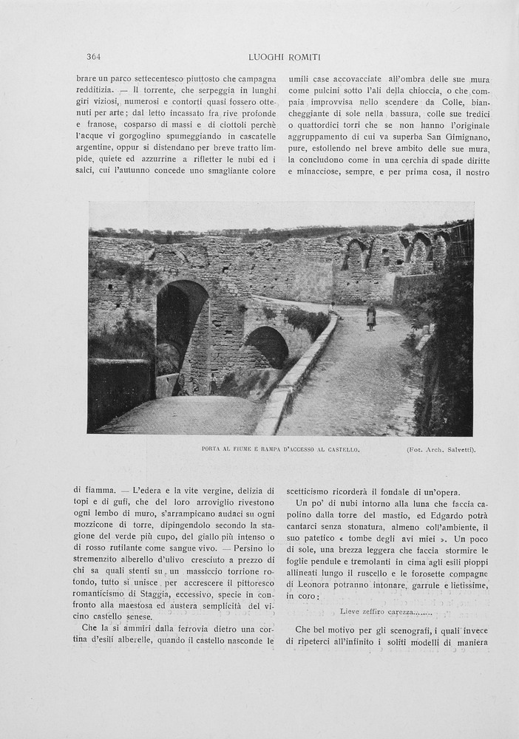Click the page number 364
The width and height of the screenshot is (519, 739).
point(93,57)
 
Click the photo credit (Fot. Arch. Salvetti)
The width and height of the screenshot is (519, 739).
point(441,449)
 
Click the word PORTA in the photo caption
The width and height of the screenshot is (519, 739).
point(211,449)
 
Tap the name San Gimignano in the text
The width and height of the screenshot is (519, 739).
point(456,146)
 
